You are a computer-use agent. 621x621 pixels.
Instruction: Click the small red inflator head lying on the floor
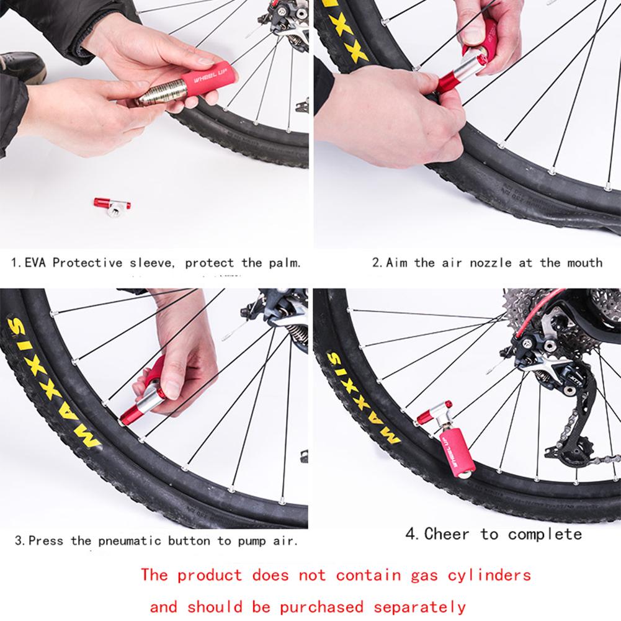[x=112, y=205]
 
